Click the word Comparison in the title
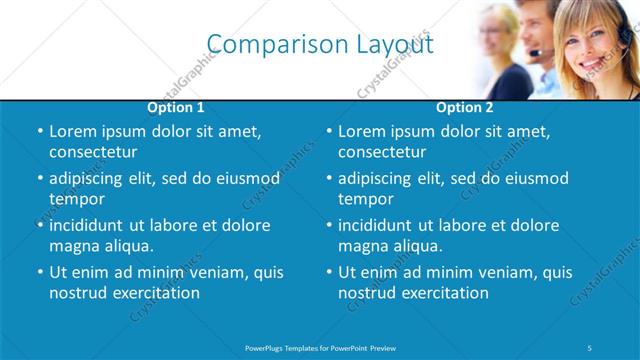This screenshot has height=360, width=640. coord(266,44)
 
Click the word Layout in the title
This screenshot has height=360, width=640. coord(395,44)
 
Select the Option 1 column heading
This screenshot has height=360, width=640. coord(176,107)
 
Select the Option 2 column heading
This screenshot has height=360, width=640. coord(465,107)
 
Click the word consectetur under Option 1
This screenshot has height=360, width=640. coord(93,153)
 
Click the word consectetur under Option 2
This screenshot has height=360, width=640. coord(383,153)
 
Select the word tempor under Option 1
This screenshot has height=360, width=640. coord(77,199)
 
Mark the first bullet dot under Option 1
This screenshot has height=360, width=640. coord(39,132)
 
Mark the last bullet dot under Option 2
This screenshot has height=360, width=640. coord(329,273)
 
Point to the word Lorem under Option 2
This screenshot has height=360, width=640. coord(361,131)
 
